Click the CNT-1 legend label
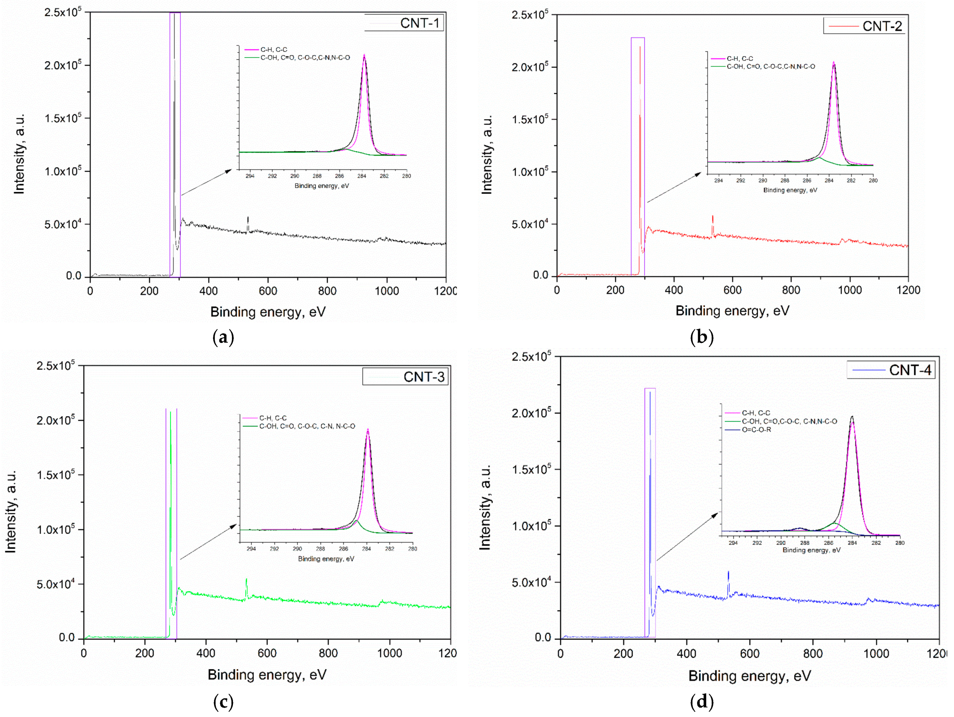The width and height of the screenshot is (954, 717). point(419,23)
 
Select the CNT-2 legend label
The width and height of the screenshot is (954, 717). point(882,26)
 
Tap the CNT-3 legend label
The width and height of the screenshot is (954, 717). point(424,377)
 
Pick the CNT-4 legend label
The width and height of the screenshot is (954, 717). point(910,370)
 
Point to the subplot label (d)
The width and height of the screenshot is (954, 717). point(702,702)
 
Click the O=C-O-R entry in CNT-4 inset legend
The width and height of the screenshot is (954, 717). point(756,430)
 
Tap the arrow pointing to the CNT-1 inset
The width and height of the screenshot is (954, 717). point(206,182)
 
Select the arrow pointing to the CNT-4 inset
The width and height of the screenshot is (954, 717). point(687,537)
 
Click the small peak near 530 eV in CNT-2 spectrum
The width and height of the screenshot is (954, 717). point(713,220)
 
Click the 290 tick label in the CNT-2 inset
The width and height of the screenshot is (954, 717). point(763,180)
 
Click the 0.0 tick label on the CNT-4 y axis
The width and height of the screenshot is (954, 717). point(542,638)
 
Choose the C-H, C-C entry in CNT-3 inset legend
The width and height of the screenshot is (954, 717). point(273,418)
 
